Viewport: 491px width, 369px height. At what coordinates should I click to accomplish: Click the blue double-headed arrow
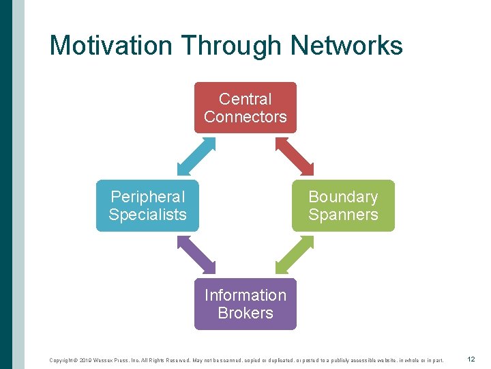(196, 156)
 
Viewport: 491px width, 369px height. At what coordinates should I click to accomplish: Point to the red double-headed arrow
(295, 156)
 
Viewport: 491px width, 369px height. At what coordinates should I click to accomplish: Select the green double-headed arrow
(295, 255)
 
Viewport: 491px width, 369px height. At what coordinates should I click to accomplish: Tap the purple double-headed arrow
(196, 255)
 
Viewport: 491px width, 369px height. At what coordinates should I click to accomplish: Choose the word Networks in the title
(346, 46)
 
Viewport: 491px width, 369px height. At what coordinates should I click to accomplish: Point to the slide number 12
(471, 359)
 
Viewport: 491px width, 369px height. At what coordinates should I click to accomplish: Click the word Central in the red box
(245, 99)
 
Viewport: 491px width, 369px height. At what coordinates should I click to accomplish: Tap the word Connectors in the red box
(245, 117)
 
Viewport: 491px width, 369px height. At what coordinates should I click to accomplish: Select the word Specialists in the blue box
(147, 215)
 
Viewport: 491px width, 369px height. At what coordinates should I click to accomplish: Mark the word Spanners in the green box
(343, 215)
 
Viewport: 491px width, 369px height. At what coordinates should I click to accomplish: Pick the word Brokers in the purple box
(245, 313)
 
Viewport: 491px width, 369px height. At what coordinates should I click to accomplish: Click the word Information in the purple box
(245, 295)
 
